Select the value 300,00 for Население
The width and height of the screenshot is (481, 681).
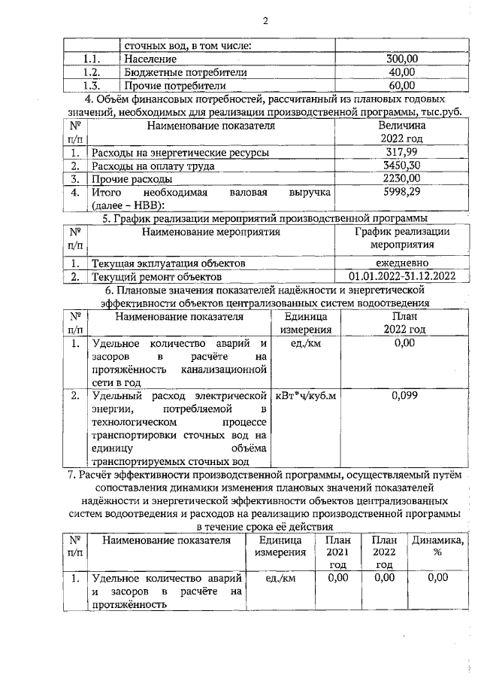tap(401, 59)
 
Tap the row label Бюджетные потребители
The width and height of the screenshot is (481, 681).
tap(179, 72)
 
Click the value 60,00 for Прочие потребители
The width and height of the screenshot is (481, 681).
tap(401, 86)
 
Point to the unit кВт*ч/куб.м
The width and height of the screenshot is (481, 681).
tap(305, 394)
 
